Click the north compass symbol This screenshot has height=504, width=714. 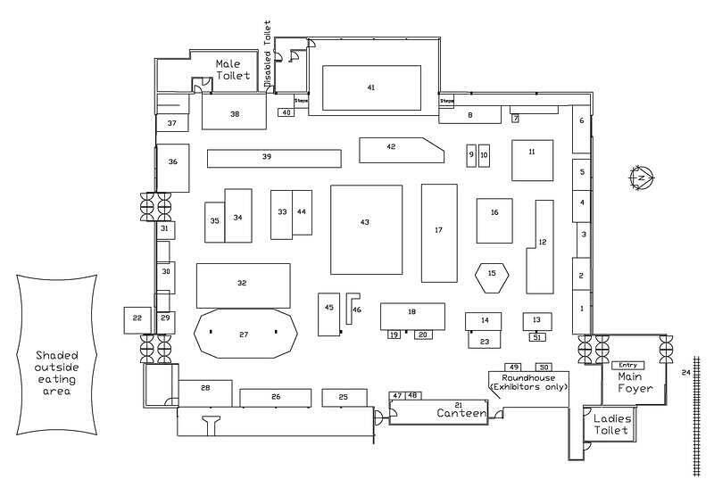click(641, 178)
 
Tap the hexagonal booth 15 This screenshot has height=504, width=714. click(493, 274)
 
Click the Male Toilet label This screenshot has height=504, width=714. click(231, 70)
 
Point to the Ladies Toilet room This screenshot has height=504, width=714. click(610, 425)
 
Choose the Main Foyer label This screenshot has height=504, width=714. click(635, 383)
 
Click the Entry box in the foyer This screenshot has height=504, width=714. click(628, 365)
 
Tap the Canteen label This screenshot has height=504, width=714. click(461, 414)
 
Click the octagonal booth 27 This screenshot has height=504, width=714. click(244, 334)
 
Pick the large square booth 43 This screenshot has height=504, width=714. click(365, 229)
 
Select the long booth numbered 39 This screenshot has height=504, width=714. click(274, 158)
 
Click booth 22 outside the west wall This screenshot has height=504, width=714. click(137, 318)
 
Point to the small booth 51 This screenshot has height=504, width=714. click(536, 337)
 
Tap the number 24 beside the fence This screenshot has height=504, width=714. click(685, 372)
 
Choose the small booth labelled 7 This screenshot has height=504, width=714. click(515, 118)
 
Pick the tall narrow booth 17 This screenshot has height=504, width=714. click(438, 231)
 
